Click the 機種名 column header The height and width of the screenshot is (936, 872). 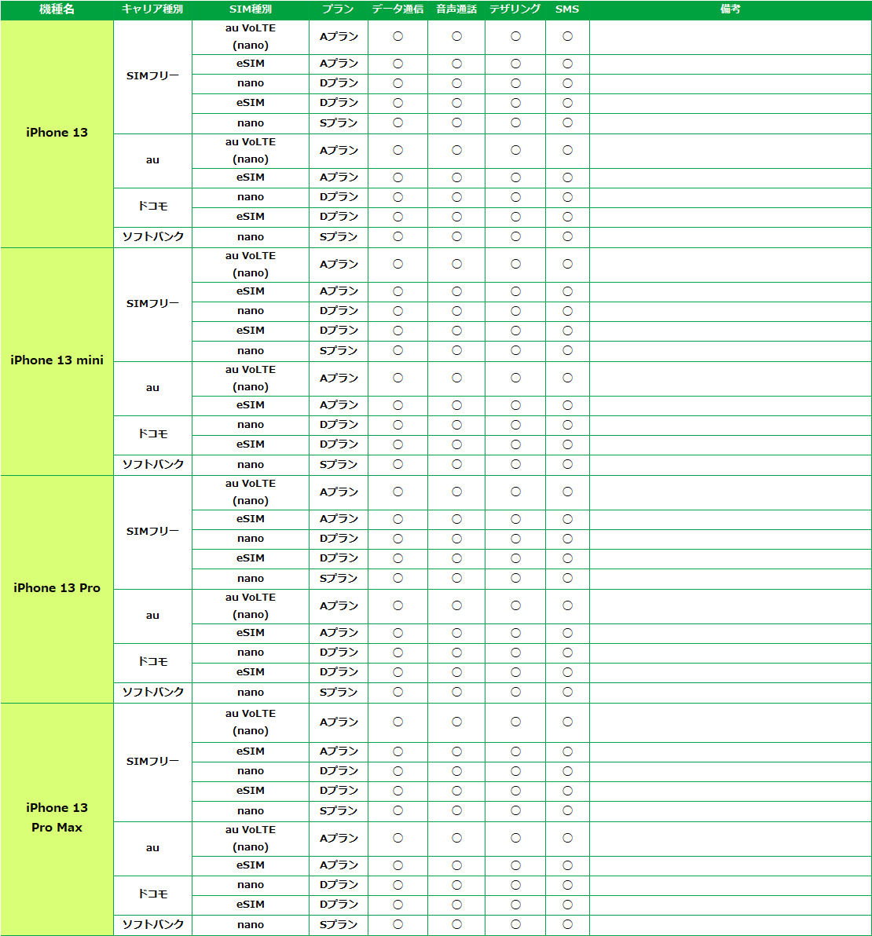coord(57,9)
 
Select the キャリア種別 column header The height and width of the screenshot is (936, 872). coord(152,9)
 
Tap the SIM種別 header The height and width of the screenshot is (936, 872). coord(251,9)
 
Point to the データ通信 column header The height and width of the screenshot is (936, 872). coord(398,9)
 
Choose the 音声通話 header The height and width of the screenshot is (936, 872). coord(456,9)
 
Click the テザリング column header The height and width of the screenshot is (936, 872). coord(515,9)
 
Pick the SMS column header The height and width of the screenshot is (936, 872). coord(567,9)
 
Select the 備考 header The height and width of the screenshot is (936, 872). coord(730,9)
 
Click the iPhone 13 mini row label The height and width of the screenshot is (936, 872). coord(57,360)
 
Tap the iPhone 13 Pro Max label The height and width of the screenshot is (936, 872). coord(57,817)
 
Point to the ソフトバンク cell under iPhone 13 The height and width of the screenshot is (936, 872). coord(152,236)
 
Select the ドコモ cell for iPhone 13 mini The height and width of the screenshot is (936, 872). coord(152,434)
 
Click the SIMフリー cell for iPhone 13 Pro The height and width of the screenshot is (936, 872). coord(152,532)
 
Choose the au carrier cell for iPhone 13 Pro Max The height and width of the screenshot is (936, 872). coord(152,848)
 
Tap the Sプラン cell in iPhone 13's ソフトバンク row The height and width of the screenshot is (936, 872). coord(339,236)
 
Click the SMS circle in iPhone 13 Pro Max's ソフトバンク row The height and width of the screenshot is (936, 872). coord(567,924)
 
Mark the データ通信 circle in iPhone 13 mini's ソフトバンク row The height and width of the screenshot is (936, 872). coord(398,464)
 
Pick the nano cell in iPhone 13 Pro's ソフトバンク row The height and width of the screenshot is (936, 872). coord(251,692)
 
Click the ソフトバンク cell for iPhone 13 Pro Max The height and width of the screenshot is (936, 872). coord(152,924)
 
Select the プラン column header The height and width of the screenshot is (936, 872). coord(339,9)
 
